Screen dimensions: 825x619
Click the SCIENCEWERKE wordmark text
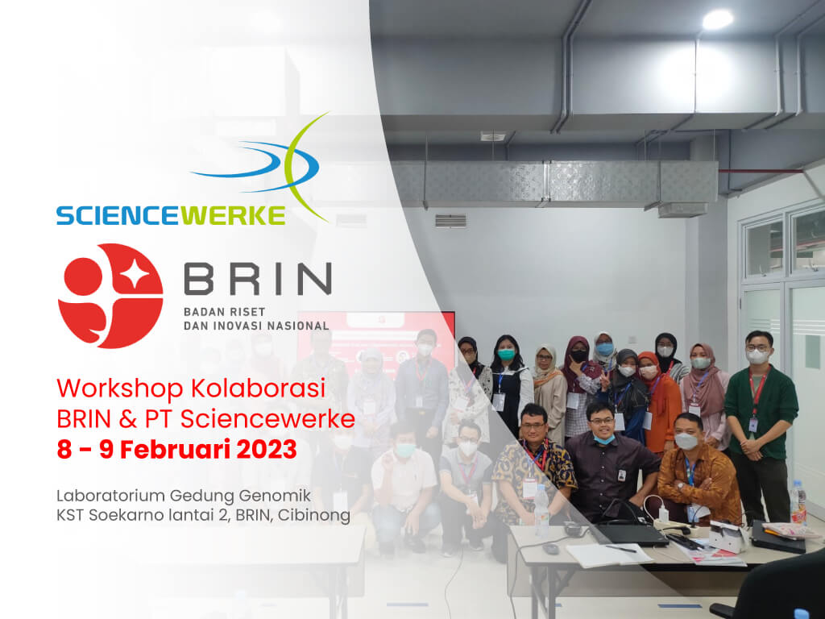(171, 215)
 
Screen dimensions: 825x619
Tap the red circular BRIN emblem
(110, 296)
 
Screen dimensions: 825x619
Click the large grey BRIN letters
(257, 278)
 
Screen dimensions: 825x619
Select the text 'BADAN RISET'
(224, 312)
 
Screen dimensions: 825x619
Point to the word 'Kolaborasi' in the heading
(258, 388)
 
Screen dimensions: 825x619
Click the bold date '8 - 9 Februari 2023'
(176, 450)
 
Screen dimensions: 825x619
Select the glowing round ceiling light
(717, 20)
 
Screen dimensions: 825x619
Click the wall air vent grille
(450, 221)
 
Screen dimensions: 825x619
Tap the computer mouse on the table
(551, 548)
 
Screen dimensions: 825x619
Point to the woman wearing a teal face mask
(509, 384)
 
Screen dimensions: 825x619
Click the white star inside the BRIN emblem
(135, 273)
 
